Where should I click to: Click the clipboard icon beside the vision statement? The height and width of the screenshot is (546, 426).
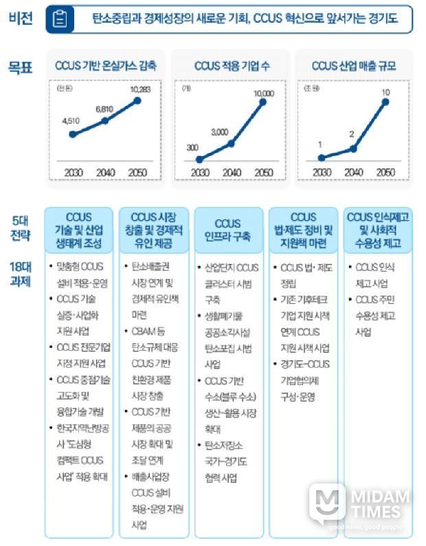click(60, 19)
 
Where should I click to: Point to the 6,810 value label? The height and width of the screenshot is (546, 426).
click(104, 109)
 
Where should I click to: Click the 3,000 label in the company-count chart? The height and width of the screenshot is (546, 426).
click(220, 131)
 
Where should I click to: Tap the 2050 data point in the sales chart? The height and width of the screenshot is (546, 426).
click(385, 102)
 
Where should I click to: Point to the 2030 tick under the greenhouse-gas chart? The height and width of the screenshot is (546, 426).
click(72, 173)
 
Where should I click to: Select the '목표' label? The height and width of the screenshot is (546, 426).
click(20, 67)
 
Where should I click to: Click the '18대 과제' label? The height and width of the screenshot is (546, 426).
click(20, 273)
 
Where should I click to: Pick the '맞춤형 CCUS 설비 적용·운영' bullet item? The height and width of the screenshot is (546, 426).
click(80, 272)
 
